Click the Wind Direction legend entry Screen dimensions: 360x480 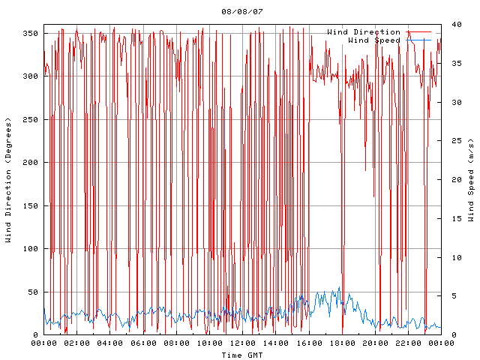(x=364, y=32)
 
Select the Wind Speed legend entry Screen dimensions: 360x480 (x=374, y=40)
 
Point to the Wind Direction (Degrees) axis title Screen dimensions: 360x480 (x=8, y=180)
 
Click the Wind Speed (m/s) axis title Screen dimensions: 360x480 (x=471, y=180)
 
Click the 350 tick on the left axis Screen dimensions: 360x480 (x=30, y=34)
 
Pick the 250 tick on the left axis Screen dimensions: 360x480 (x=30, y=120)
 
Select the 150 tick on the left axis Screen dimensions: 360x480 (x=30, y=206)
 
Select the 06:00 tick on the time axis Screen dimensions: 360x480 (x=143, y=343)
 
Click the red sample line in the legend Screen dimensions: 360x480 (x=419, y=32)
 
